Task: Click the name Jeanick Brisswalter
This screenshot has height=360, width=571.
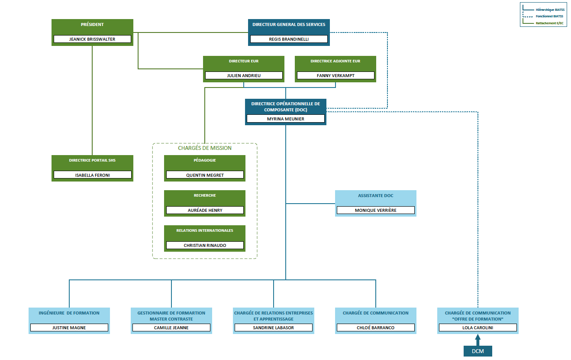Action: point(92,39)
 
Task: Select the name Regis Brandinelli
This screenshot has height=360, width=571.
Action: point(289,39)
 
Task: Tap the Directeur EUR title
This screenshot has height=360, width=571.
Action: point(244,61)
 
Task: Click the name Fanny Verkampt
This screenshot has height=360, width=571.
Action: point(336,75)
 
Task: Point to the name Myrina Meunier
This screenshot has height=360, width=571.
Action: point(286,119)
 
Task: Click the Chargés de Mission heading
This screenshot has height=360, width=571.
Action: point(205,148)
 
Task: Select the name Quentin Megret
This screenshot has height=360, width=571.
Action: point(205,175)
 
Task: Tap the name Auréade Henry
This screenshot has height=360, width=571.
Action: point(205,210)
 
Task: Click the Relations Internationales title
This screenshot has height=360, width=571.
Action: point(205,230)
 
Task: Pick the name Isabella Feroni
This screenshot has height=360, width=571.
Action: point(92,175)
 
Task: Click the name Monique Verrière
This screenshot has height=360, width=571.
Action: point(375,210)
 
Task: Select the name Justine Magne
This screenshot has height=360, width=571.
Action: point(69,328)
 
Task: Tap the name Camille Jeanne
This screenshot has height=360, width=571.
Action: point(171,328)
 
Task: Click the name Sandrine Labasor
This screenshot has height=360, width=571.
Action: point(273,328)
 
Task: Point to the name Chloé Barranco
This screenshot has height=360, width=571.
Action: point(375,328)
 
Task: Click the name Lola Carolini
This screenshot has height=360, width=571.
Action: point(477,328)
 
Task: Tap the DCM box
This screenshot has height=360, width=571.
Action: point(477,351)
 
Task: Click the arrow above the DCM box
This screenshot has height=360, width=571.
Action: point(477,340)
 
